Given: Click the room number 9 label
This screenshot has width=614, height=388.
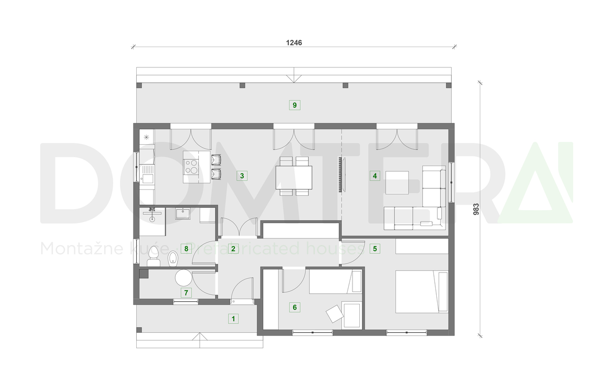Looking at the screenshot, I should (295, 104).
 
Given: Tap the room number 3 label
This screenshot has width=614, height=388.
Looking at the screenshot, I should (242, 175).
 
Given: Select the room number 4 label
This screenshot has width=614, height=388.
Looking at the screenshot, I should (375, 175).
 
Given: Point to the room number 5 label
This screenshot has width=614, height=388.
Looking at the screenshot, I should (375, 249).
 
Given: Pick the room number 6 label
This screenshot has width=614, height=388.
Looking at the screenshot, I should (295, 307).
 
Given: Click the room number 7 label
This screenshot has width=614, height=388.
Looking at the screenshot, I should (185, 292).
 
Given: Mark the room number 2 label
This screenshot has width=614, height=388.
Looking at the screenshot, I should (233, 249).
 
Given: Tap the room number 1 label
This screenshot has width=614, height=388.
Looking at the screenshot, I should (233, 318).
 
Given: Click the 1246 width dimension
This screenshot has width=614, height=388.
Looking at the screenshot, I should (294, 42).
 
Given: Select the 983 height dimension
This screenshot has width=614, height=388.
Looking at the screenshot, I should (476, 209).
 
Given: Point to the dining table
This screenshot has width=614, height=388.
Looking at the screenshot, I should (294, 177).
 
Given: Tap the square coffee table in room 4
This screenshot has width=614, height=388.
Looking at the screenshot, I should (397, 182).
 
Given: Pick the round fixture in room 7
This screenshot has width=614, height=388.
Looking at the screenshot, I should (183, 277).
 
